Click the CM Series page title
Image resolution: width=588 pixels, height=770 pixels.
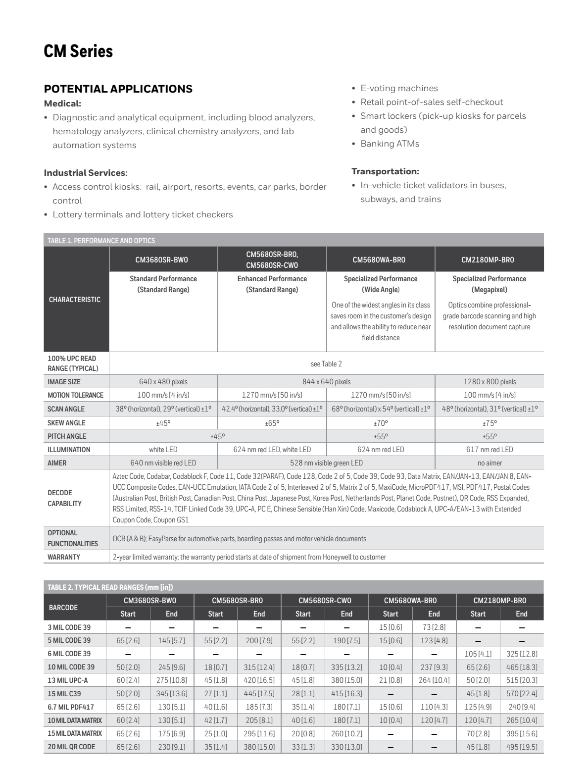click(x=78, y=51)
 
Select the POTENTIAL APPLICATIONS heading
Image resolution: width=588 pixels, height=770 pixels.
click(x=118, y=89)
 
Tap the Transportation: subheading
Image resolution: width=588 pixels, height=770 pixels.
click(x=385, y=171)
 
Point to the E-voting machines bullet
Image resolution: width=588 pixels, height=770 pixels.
click(x=399, y=88)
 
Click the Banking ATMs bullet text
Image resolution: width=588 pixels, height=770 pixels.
click(x=390, y=144)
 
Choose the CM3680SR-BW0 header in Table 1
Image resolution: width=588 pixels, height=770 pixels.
click(x=163, y=260)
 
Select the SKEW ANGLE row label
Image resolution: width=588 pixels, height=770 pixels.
click(x=66, y=423)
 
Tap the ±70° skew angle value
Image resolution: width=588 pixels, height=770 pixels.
click(x=381, y=423)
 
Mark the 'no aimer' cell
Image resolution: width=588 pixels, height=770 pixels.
click(x=490, y=463)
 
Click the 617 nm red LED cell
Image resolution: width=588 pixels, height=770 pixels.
click(x=490, y=450)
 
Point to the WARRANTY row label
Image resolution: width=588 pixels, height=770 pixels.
click(x=64, y=557)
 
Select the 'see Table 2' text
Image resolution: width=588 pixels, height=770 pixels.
click(x=326, y=364)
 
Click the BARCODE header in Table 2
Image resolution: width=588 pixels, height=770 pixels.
click(x=63, y=608)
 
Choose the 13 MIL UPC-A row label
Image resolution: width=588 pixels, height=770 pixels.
click(x=68, y=680)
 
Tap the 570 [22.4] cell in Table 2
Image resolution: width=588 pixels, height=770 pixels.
click(x=522, y=694)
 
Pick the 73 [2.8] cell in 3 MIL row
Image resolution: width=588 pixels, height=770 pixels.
click(x=434, y=627)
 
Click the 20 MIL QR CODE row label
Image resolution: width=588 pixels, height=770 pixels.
click(x=71, y=747)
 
